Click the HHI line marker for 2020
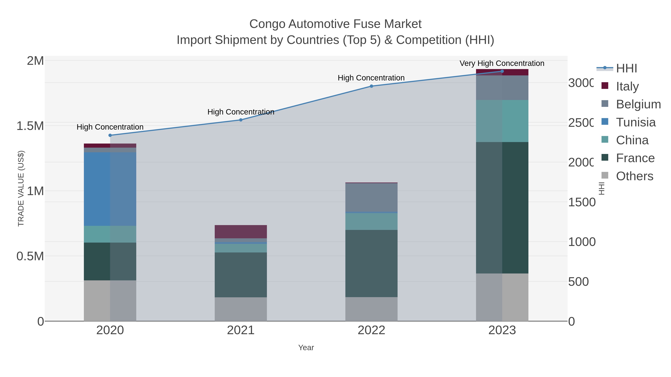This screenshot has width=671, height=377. pyautogui.click(x=110, y=135)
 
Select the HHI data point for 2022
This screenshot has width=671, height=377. pyautogui.click(x=371, y=86)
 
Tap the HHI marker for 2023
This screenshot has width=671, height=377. pyautogui.click(x=502, y=71)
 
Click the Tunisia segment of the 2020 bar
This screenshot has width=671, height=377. pyautogui.click(x=110, y=189)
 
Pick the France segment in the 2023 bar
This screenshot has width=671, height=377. pyautogui.click(x=502, y=208)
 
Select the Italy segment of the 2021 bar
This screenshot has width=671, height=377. pyautogui.click(x=241, y=232)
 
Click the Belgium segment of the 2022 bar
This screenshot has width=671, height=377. pyautogui.click(x=371, y=198)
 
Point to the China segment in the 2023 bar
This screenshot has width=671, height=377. pyautogui.click(x=502, y=121)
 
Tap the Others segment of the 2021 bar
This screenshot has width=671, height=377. pyautogui.click(x=241, y=309)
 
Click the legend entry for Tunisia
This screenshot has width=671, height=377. pyautogui.click(x=636, y=122)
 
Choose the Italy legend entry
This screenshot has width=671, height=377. pyautogui.click(x=627, y=86)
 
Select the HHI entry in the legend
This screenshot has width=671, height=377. pyautogui.click(x=626, y=69)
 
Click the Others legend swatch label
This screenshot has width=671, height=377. pyautogui.click(x=634, y=176)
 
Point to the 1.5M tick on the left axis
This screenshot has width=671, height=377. pyautogui.click(x=30, y=126)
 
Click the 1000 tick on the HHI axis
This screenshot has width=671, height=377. pyautogui.click(x=581, y=242)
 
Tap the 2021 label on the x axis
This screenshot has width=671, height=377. pyautogui.click(x=241, y=330)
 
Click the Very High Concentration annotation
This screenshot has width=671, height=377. pyautogui.click(x=502, y=63)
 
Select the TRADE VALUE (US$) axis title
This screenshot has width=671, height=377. pyautogui.click(x=21, y=188)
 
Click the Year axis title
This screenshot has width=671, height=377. pyautogui.click(x=306, y=348)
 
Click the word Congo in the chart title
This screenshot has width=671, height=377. pyautogui.click(x=267, y=24)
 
